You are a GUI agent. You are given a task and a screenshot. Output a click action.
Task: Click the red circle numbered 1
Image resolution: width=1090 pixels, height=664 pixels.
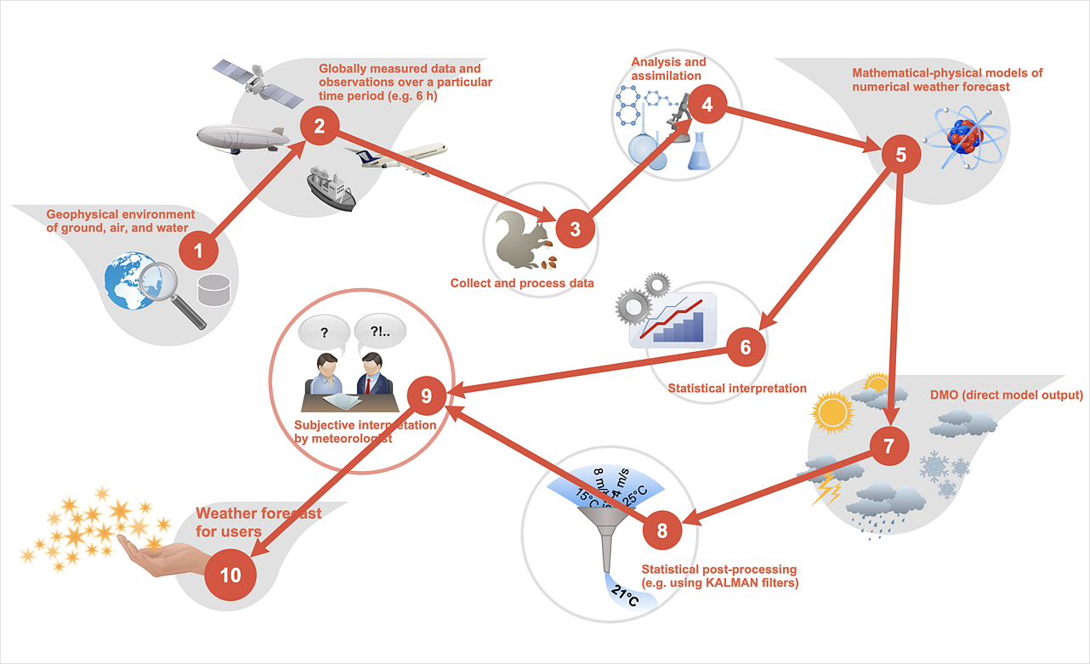[x=200, y=251]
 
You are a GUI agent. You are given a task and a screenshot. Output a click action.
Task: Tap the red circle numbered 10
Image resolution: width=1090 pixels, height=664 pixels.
[x=230, y=575]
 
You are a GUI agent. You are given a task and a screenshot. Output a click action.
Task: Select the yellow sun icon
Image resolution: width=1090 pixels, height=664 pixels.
[x=832, y=412]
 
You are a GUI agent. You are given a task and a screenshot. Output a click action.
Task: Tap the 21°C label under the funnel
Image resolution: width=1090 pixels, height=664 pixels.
[x=627, y=599]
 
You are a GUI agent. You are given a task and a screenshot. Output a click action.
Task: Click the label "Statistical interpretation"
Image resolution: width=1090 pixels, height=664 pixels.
[x=737, y=389]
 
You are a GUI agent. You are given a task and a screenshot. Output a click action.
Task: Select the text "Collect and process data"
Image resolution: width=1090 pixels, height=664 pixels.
[x=522, y=283]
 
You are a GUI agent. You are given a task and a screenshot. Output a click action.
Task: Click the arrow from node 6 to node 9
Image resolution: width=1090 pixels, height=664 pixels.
[x=587, y=371]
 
